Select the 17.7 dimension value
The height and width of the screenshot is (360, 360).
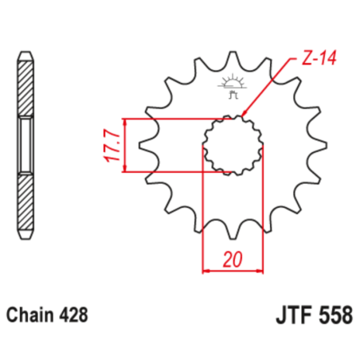[112, 146]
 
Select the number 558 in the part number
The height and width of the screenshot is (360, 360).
[331, 314]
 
